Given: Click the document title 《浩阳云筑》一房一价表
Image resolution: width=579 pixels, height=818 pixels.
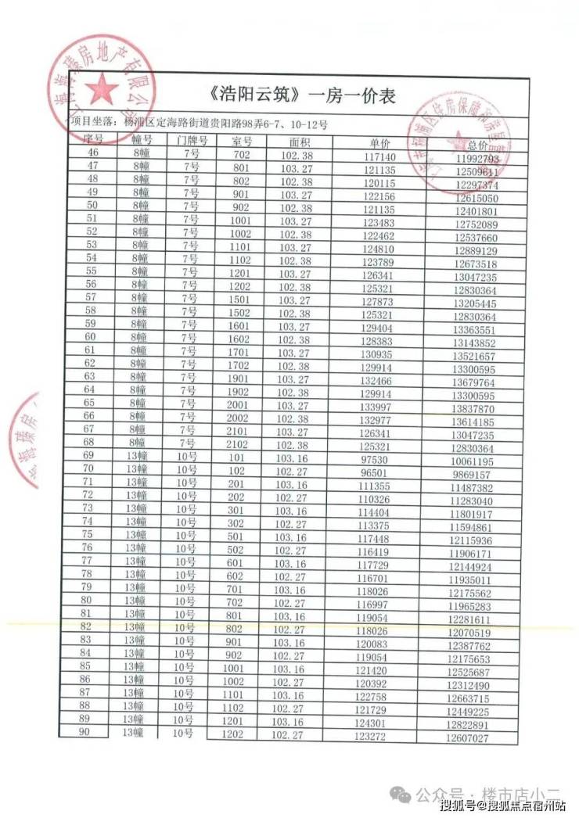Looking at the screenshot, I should (x=304, y=96).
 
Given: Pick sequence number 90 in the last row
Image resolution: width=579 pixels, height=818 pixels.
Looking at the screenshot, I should (x=87, y=730).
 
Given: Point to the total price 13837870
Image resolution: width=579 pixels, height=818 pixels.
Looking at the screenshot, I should (x=472, y=409).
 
